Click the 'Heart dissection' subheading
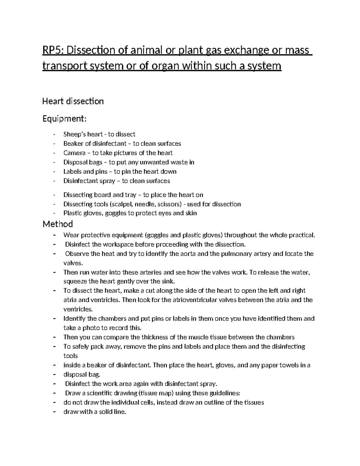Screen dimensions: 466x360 [x=73, y=101]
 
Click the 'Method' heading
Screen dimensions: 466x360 [x=58, y=224]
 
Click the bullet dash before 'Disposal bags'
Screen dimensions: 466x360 [x=54, y=162]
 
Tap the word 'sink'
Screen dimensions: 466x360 [x=169, y=281]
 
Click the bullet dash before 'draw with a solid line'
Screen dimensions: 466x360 [x=54, y=412]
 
